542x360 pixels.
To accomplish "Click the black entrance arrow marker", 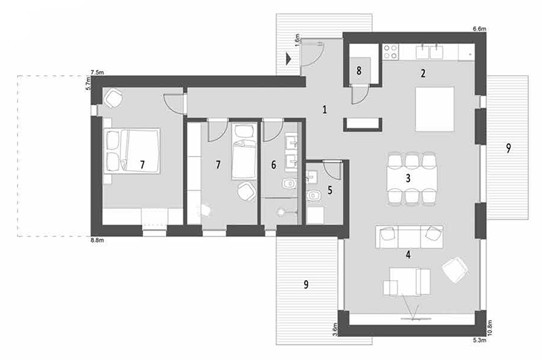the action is coord(289,58).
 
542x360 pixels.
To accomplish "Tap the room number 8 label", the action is coord(359,71).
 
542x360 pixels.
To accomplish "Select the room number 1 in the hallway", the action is coord(325,110).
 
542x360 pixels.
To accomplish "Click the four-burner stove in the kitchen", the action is coord(391,52).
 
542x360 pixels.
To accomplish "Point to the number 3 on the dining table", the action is coord(409,178).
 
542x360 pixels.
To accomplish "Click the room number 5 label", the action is coord(330,190).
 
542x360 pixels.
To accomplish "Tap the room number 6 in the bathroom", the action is coord(274,165).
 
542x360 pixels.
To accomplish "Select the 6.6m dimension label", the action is coord(480,29).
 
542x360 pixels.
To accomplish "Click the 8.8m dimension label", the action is coord(97,241).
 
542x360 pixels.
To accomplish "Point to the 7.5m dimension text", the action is coord(97,73).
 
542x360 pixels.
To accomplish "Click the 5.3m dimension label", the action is coord(480,340).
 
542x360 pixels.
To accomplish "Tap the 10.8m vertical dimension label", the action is coord(489,328).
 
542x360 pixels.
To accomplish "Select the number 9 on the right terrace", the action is coord(508,148).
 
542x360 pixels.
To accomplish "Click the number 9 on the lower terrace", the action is coord(306,285).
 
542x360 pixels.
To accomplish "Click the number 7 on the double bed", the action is coord(142,165).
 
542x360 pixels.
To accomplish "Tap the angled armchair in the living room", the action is coord(456,270).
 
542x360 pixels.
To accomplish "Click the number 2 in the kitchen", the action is coord(423,73).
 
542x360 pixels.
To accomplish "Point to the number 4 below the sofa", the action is coord(409,255).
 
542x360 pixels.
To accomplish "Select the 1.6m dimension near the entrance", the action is coord(297,40).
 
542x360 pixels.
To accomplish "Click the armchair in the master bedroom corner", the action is coord(113,98).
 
